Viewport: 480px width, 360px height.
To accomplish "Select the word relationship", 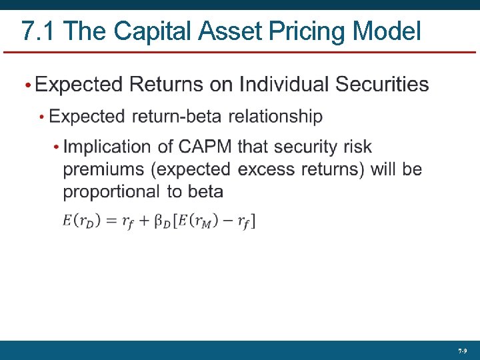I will click(275, 117).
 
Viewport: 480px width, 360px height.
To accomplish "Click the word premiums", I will click(104, 169).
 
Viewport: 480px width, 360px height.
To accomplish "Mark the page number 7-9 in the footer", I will click(462, 351).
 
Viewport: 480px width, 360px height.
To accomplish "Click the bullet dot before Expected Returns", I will click(27, 86).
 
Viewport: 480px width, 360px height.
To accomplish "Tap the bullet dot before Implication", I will click(57, 147).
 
